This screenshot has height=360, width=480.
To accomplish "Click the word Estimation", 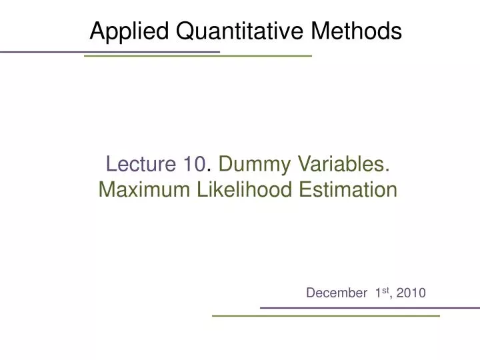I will [346, 191].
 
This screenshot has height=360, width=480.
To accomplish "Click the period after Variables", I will [389, 169].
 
